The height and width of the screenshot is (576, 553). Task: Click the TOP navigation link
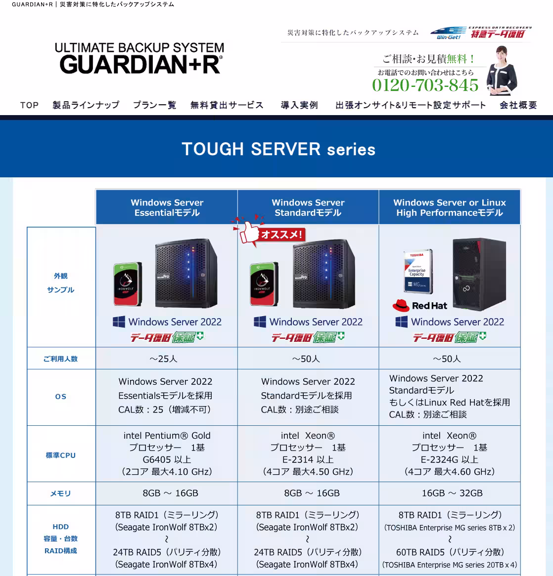click(x=30, y=105)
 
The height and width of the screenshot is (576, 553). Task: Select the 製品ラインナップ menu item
click(x=86, y=105)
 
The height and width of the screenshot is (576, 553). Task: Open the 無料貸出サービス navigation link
click(x=227, y=105)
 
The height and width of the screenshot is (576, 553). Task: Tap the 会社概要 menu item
click(x=518, y=105)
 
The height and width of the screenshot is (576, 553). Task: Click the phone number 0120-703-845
click(x=425, y=85)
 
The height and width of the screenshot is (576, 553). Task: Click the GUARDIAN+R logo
click(x=139, y=58)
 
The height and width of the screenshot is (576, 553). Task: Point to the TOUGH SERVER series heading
click(x=278, y=149)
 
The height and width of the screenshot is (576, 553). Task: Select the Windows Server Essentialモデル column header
click(x=167, y=207)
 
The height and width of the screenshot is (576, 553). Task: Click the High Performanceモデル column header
click(x=450, y=207)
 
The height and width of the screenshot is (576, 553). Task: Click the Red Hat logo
click(x=420, y=306)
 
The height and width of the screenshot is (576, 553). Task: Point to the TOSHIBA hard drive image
click(x=418, y=271)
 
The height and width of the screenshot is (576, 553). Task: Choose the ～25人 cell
click(x=164, y=359)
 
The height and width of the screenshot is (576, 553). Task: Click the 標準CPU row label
click(x=61, y=455)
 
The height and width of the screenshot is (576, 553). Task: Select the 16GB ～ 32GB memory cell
click(x=452, y=494)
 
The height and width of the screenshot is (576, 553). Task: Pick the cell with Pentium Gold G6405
click(x=167, y=453)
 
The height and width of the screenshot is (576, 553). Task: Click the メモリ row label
click(x=61, y=494)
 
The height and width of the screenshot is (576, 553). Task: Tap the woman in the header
click(x=502, y=71)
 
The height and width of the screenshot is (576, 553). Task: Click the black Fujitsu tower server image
click(x=479, y=274)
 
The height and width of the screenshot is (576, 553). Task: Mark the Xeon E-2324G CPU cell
click(x=450, y=453)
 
